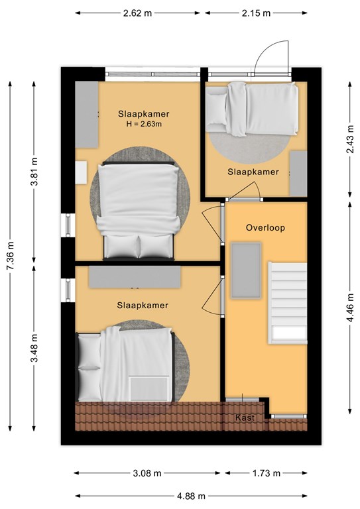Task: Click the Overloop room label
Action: pyautogui.click(x=265, y=227)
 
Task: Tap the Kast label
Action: pyautogui.click(x=245, y=418)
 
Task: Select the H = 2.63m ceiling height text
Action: pyautogui.click(x=143, y=124)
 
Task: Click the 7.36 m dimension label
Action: pyautogui.click(x=11, y=256)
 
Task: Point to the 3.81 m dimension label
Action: pyautogui.click(x=34, y=172)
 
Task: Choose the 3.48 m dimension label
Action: pyautogui.click(x=34, y=348)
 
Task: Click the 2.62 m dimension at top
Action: pyautogui.click(x=137, y=13)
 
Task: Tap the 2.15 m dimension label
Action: pyautogui.click(x=256, y=13)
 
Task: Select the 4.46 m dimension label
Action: pyautogui.click(x=349, y=308)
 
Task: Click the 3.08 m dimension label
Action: pyautogui.click(x=147, y=473)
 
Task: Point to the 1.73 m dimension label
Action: pyautogui.click(x=266, y=473)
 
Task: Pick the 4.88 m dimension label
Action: pyautogui.click(x=191, y=496)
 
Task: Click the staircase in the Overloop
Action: pyautogui.click(x=288, y=302)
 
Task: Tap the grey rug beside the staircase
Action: pyautogui.click(x=246, y=270)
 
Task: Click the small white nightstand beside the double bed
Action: pyautogui.click(x=81, y=172)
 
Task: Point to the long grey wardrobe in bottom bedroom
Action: pyautogui.click(x=135, y=277)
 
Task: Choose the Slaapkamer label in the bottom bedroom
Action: pyautogui.click(x=143, y=305)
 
